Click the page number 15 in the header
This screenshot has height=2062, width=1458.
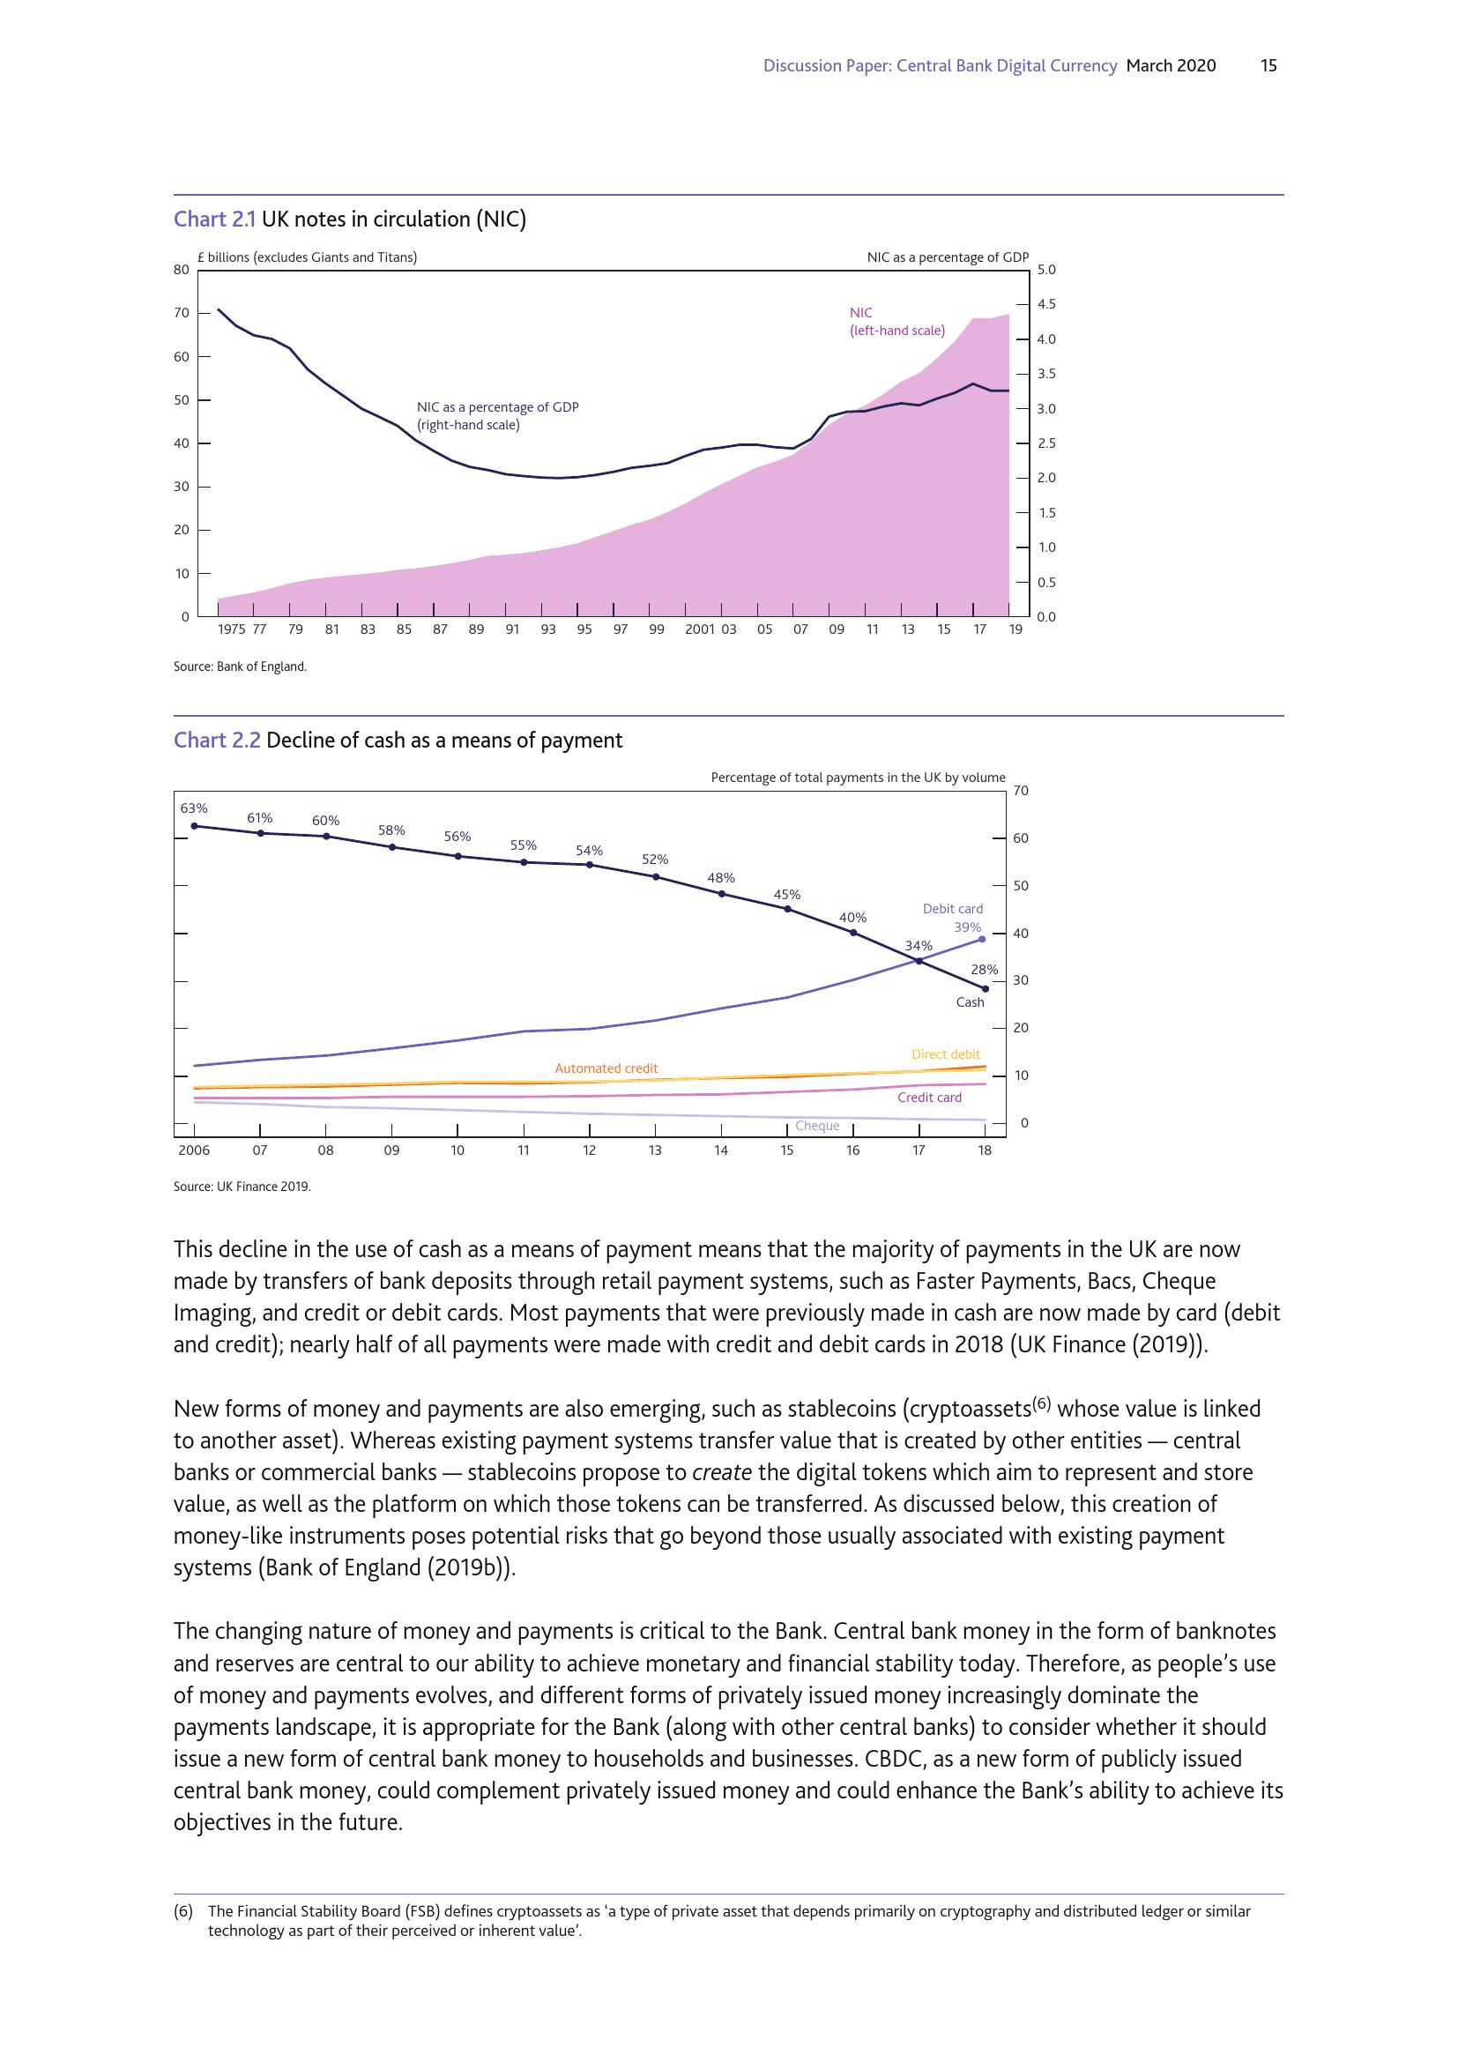(1268, 65)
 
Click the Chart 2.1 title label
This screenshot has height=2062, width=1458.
(349, 220)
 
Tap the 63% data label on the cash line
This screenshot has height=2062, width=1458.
(194, 808)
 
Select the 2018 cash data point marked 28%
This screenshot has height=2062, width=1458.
(985, 989)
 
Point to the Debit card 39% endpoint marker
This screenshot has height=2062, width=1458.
(982, 939)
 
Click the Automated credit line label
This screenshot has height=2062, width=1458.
(606, 1068)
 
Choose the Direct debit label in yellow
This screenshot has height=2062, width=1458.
(945, 1053)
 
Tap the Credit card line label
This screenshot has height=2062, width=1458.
(929, 1097)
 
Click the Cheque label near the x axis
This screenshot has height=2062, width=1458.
(817, 1125)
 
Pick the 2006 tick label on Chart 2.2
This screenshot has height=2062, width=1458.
(194, 1150)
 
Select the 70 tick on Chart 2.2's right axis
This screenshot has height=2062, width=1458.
(1021, 790)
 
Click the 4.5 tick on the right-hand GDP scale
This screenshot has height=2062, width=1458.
(1046, 303)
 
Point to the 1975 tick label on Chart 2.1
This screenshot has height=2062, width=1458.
(232, 629)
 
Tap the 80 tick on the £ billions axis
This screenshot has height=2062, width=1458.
(182, 270)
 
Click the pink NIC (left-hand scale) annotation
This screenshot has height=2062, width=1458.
(896, 322)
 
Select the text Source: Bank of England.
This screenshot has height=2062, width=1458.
(240, 666)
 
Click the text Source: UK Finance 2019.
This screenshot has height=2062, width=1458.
(242, 1187)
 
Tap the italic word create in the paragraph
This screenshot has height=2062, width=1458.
(722, 1472)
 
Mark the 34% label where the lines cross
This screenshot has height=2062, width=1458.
(919, 945)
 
